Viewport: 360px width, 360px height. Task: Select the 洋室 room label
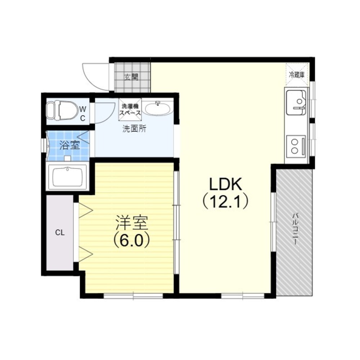(131, 222)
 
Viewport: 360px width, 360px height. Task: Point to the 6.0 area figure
(132, 240)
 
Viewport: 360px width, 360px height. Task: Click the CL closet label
(60, 233)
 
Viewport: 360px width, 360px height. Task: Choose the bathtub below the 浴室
(67, 177)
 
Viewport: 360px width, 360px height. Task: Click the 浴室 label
(69, 145)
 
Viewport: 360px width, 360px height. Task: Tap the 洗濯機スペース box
(130, 109)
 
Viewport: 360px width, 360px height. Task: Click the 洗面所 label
(134, 129)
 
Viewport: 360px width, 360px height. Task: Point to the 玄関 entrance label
(131, 77)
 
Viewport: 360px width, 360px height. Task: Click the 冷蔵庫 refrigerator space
(297, 75)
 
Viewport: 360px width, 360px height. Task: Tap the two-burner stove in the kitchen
(296, 146)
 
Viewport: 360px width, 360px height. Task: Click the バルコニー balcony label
(295, 229)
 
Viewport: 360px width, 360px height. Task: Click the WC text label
(83, 113)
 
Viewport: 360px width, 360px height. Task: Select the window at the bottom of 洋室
(133, 296)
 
